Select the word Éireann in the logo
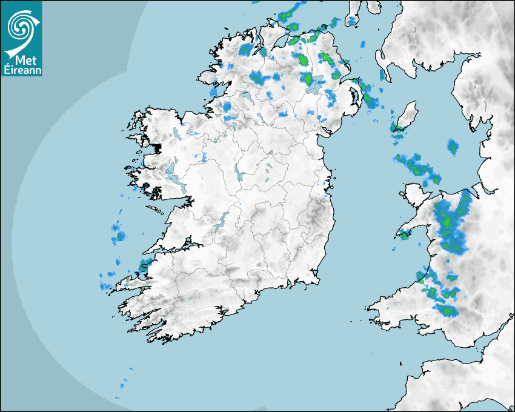click(x=21, y=70)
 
